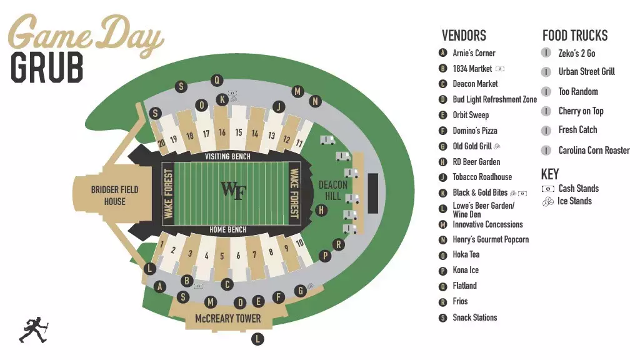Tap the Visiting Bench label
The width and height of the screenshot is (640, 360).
click(x=227, y=156)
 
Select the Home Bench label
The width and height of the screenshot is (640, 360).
click(x=227, y=229)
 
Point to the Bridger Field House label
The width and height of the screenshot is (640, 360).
click(x=114, y=195)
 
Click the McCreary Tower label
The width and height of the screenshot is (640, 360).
click(x=227, y=318)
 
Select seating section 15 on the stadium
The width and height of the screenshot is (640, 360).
click(x=239, y=132)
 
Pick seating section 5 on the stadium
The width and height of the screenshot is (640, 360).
click(x=222, y=256)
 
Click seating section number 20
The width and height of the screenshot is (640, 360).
click(x=161, y=142)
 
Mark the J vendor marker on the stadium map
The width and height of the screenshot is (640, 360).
click(x=279, y=107)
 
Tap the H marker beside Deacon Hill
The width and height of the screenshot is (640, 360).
click(x=321, y=210)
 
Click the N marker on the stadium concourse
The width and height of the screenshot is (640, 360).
click(x=316, y=101)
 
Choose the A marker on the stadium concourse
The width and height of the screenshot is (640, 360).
click(x=160, y=287)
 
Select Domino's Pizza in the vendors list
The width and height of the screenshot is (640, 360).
click(x=475, y=131)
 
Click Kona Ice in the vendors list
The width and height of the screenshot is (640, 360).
click(x=466, y=271)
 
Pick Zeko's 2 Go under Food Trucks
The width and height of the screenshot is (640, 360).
click(x=576, y=54)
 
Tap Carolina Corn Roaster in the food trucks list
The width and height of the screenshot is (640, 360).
click(x=594, y=151)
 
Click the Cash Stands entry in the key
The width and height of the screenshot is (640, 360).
click(x=578, y=188)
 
